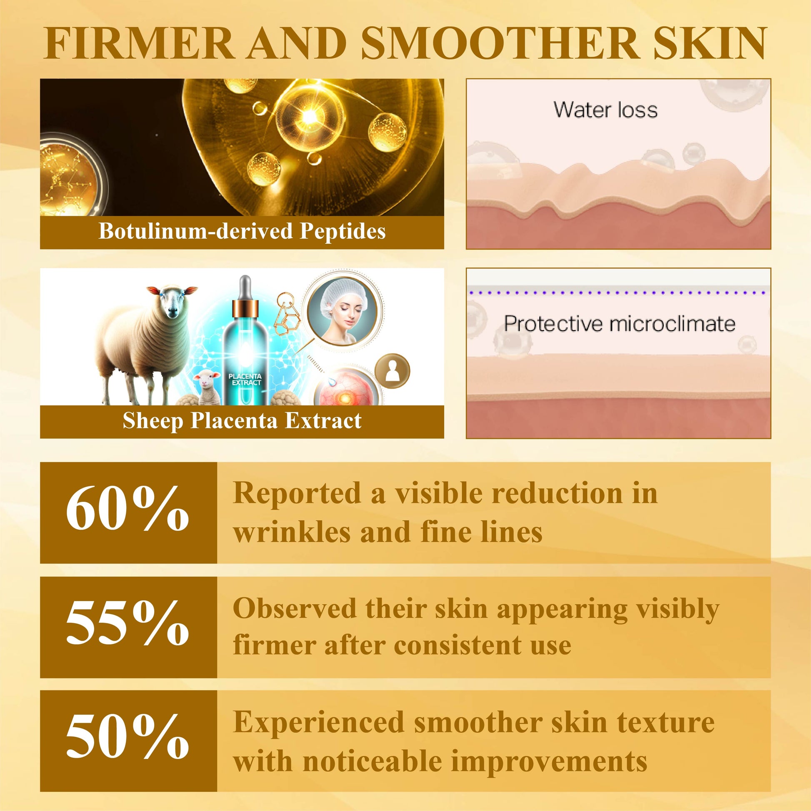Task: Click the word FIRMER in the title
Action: click(138, 43)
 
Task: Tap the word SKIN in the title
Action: click(710, 43)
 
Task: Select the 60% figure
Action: click(127, 509)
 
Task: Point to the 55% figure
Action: click(127, 622)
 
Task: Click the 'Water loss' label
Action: click(605, 110)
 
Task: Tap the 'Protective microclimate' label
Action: click(620, 324)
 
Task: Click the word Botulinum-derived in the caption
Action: click(195, 231)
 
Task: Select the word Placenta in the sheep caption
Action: click(234, 421)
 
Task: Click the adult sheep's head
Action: click(172, 300)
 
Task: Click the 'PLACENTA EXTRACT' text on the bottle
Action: click(245, 379)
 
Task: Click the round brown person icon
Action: click(392, 371)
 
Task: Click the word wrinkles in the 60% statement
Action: click(292, 532)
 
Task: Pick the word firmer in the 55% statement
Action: click(275, 645)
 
